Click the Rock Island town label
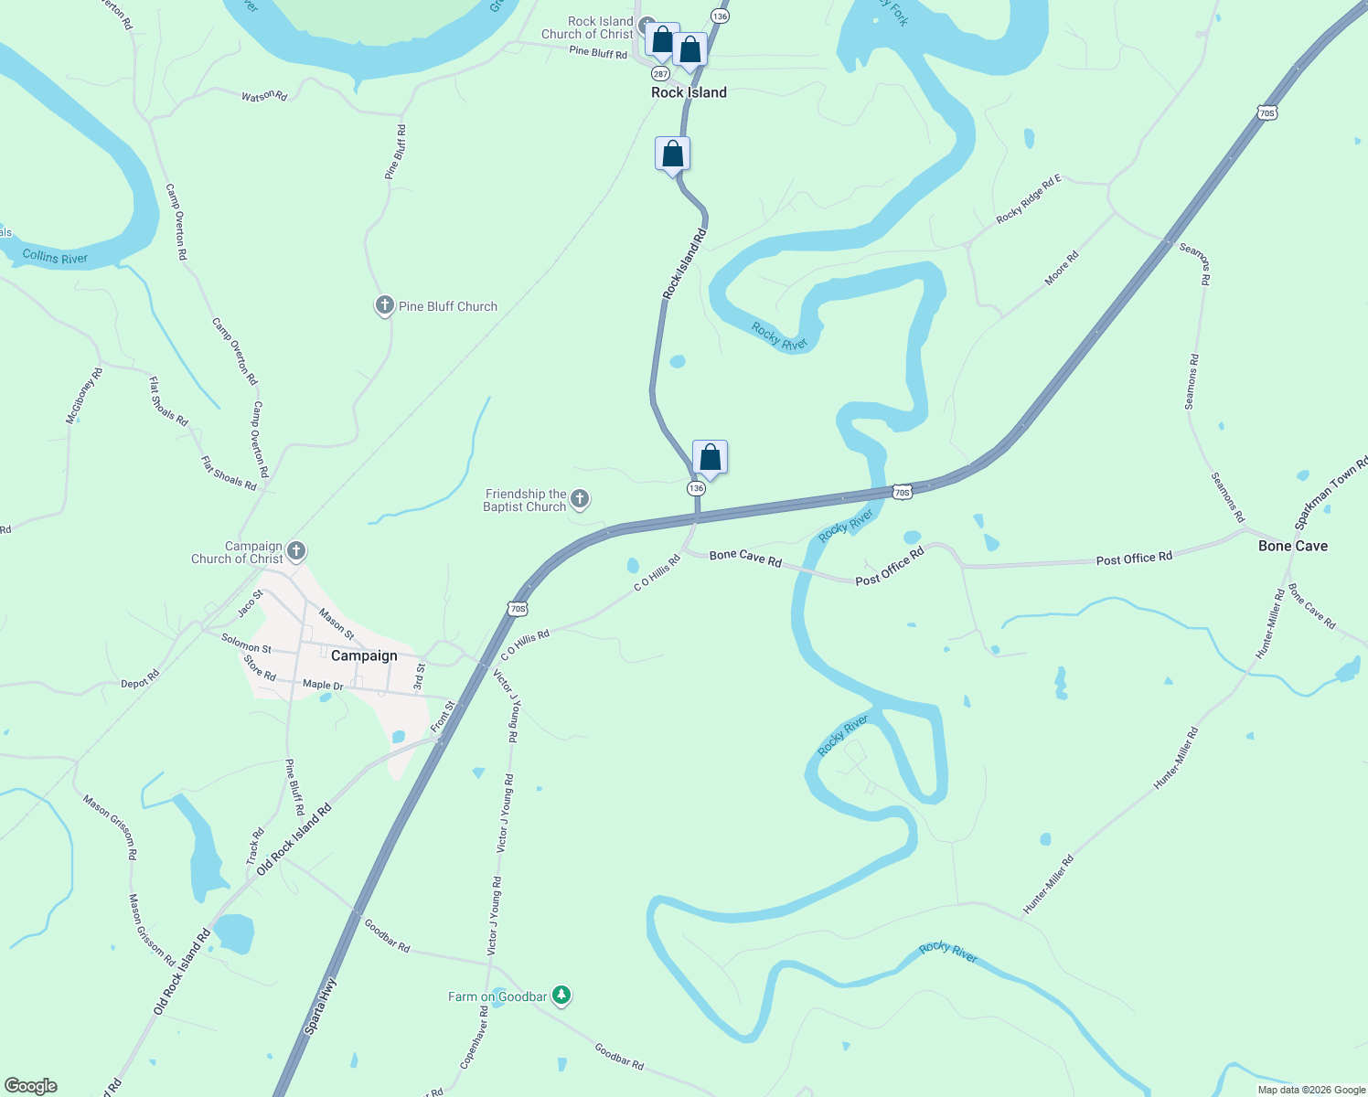[x=689, y=92]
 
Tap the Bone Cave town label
[x=1292, y=546]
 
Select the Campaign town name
[x=364, y=655]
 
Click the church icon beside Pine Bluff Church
[x=385, y=305]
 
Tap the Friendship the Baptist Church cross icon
[x=579, y=499]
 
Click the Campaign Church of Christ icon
[x=295, y=551]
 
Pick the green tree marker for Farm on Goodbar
[x=561, y=996]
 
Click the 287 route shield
[x=659, y=73]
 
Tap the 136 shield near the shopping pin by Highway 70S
[x=696, y=488]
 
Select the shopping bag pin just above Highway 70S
[x=710, y=457]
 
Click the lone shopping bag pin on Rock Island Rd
[x=672, y=154]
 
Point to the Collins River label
[x=55, y=257]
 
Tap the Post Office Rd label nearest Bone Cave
[x=1134, y=558]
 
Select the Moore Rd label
[x=1062, y=268]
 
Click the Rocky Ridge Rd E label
[x=1029, y=198]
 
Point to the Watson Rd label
[x=264, y=96]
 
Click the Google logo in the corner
[x=31, y=1086]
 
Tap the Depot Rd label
[x=140, y=678]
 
